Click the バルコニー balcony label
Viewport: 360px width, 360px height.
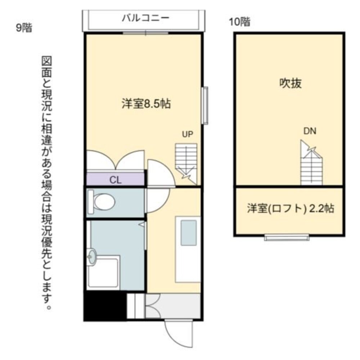[x=145, y=18]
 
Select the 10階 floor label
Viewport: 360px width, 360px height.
[x=239, y=22]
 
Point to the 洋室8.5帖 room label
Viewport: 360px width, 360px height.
[x=145, y=104]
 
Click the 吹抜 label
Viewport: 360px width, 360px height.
[x=290, y=84]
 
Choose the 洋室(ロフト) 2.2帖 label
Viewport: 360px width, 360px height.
[x=290, y=208]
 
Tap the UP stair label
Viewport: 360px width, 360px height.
[x=188, y=135]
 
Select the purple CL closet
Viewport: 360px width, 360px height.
[x=116, y=179]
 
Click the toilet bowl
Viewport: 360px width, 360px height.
[x=103, y=202]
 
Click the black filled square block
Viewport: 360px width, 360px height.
[x=105, y=306]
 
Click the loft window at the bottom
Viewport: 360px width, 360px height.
[x=287, y=237]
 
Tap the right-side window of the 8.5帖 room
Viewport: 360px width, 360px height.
[x=205, y=105]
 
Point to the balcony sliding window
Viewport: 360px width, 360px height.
[x=145, y=33]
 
